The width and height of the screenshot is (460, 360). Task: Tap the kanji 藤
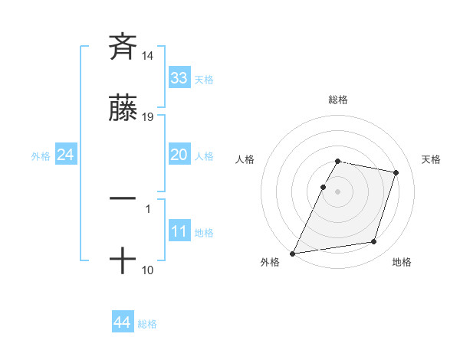point(123,110)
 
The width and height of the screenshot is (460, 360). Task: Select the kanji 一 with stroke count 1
point(123,198)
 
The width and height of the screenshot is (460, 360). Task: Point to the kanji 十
point(123,261)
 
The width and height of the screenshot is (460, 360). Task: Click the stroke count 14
point(148,55)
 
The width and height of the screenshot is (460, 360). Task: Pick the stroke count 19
point(148,118)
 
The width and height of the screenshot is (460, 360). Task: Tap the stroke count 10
point(148,270)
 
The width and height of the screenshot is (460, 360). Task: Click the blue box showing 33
point(179,77)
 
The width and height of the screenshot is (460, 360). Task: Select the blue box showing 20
point(179,155)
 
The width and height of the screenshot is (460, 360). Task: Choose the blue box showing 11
point(179,231)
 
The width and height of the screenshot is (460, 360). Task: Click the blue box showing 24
point(66,155)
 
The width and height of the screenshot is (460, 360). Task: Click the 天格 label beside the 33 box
point(203,79)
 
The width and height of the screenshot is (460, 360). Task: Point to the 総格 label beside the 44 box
point(147,324)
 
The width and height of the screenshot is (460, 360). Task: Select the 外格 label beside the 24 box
point(41,156)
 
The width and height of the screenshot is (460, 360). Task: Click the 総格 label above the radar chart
point(338,100)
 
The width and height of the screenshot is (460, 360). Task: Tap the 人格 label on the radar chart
point(245,159)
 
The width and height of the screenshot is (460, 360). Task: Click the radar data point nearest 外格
point(293,254)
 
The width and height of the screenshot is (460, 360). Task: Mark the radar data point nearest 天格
point(396,172)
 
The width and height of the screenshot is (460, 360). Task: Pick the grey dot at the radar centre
point(338,191)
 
